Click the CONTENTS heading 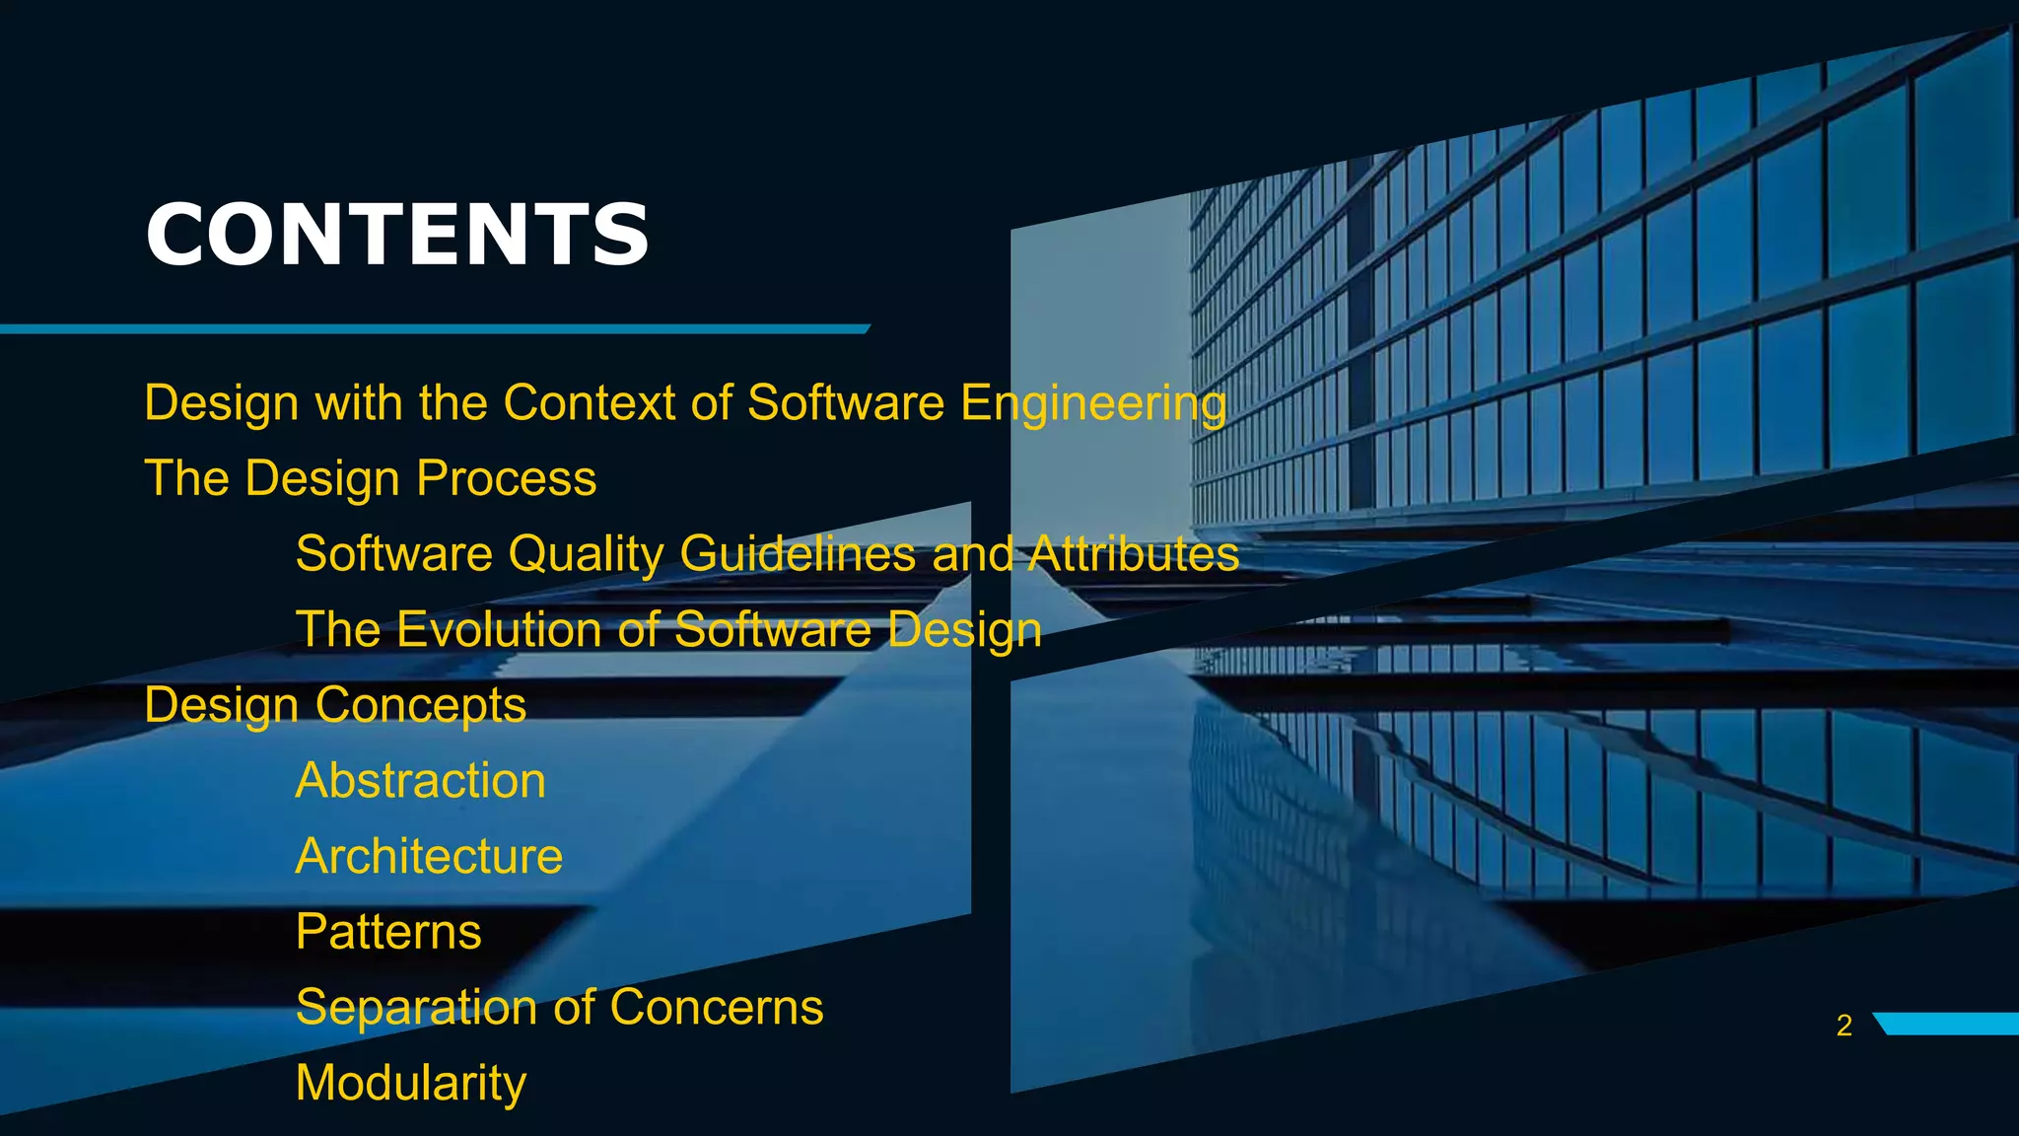pos(397,235)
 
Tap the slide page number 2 pos(1844,1026)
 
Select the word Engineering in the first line pos(1093,404)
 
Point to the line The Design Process pos(371,479)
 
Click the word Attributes pos(1134,553)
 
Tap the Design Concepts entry pos(335,706)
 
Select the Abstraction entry pos(421,780)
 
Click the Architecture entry pos(429,856)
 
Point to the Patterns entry pos(388,932)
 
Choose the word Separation pos(417,1008)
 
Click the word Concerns pos(716,1007)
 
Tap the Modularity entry pos(411,1084)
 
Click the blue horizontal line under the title pos(434,328)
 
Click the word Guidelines pos(798,553)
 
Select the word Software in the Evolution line pos(772,629)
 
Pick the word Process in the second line pos(506,479)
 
